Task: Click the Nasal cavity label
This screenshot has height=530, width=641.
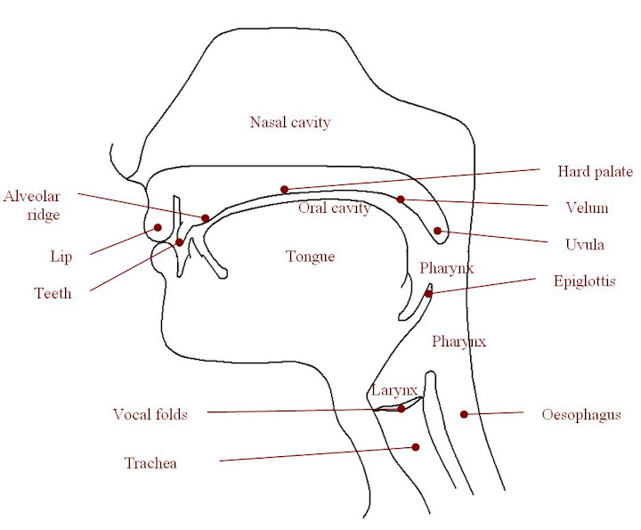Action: pyautogui.click(x=290, y=122)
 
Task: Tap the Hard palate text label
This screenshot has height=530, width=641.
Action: pyautogui.click(x=595, y=171)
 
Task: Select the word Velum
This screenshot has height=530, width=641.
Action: pyautogui.click(x=588, y=208)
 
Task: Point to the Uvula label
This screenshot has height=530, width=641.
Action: pyautogui.click(x=586, y=244)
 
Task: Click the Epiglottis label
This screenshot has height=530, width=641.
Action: pyautogui.click(x=584, y=281)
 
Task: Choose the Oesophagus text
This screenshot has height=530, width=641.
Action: pyautogui.click(x=581, y=414)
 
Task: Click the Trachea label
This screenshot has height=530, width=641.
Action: pyautogui.click(x=150, y=463)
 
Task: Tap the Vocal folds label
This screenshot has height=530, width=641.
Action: pyautogui.click(x=150, y=414)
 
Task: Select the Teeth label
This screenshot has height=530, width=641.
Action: pyautogui.click(x=53, y=293)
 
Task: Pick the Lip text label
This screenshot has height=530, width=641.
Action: pyautogui.click(x=61, y=257)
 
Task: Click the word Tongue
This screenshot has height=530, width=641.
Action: pyautogui.click(x=310, y=257)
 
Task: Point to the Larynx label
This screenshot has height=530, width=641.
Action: pyautogui.click(x=394, y=390)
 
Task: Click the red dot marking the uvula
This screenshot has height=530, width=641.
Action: pyautogui.click(x=438, y=231)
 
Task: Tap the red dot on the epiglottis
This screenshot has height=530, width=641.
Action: pyautogui.click(x=428, y=293)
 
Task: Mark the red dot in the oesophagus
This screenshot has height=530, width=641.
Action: pyautogui.click(x=463, y=414)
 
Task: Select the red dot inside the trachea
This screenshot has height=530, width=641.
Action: pyautogui.click(x=415, y=448)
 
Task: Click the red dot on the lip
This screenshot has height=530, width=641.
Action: pyautogui.click(x=158, y=227)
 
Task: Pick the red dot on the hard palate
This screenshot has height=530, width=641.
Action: pyautogui.click(x=284, y=189)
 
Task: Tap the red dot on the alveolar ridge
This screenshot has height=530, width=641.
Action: pyautogui.click(x=206, y=217)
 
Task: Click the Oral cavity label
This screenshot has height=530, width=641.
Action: pyautogui.click(x=334, y=208)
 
